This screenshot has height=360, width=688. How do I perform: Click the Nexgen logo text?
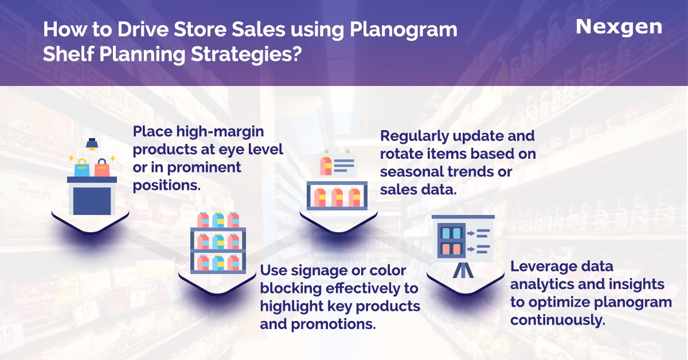[x=619, y=28]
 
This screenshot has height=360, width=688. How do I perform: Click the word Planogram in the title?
[x=403, y=30]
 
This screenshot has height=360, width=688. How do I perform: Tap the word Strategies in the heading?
[x=244, y=55]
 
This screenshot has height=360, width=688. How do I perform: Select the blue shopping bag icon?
[x=82, y=168]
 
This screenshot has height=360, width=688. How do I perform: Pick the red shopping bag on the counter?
[x=102, y=168]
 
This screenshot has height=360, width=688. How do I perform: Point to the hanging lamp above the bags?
[x=92, y=144]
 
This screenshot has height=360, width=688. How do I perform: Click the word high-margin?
[x=220, y=132]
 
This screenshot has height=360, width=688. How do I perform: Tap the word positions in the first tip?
[x=166, y=186]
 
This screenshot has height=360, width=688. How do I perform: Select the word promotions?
[x=333, y=324]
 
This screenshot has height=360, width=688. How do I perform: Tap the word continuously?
[x=558, y=320]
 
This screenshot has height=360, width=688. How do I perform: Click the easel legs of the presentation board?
[x=463, y=271]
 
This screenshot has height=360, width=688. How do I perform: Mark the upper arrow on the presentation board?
[x=471, y=233]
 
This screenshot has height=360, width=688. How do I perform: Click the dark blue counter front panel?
[x=92, y=201]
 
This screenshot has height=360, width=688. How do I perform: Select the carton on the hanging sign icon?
[x=326, y=166]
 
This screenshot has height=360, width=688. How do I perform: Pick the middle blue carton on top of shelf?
[x=218, y=220]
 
